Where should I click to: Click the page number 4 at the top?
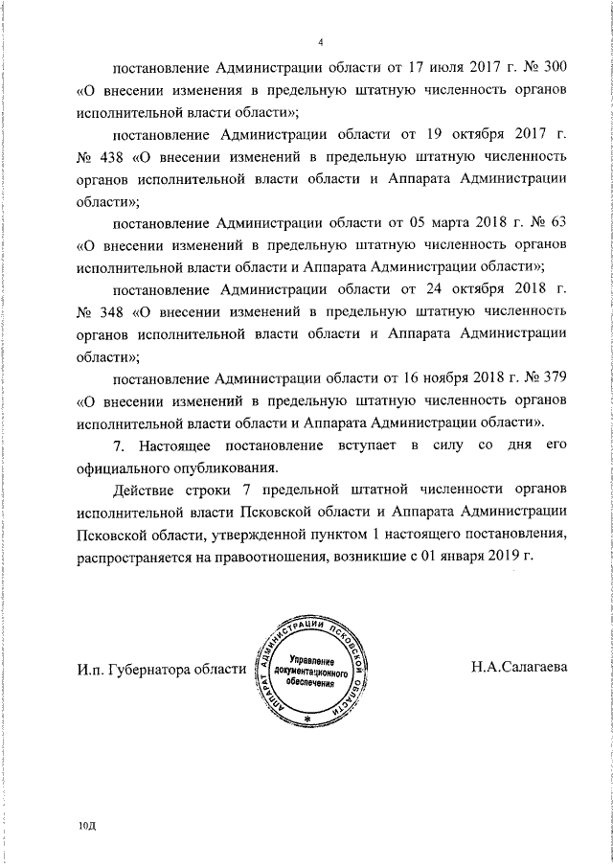click(322, 42)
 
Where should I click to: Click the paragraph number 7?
click(118, 446)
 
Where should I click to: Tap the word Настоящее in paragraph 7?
click(182, 446)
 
